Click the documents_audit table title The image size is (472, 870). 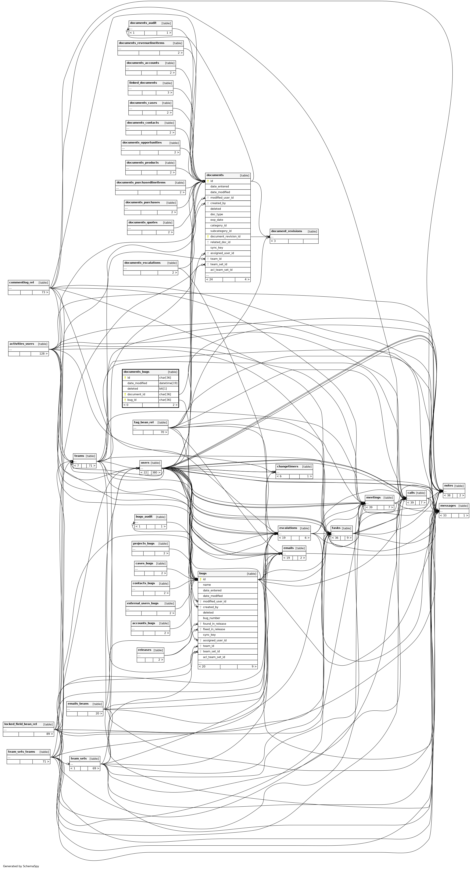point(143,23)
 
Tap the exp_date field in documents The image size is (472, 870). point(216,220)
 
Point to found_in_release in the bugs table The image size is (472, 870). point(215,624)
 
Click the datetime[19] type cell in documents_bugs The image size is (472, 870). point(168,383)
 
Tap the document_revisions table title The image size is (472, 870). point(287,231)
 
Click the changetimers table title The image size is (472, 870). point(288,466)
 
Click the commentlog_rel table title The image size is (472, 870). point(22,282)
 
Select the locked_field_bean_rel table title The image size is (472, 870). point(21,724)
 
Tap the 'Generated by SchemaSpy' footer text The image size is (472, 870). point(21,866)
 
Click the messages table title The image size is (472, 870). point(448,506)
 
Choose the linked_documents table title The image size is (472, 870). point(143,83)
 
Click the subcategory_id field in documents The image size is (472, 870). point(221,231)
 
